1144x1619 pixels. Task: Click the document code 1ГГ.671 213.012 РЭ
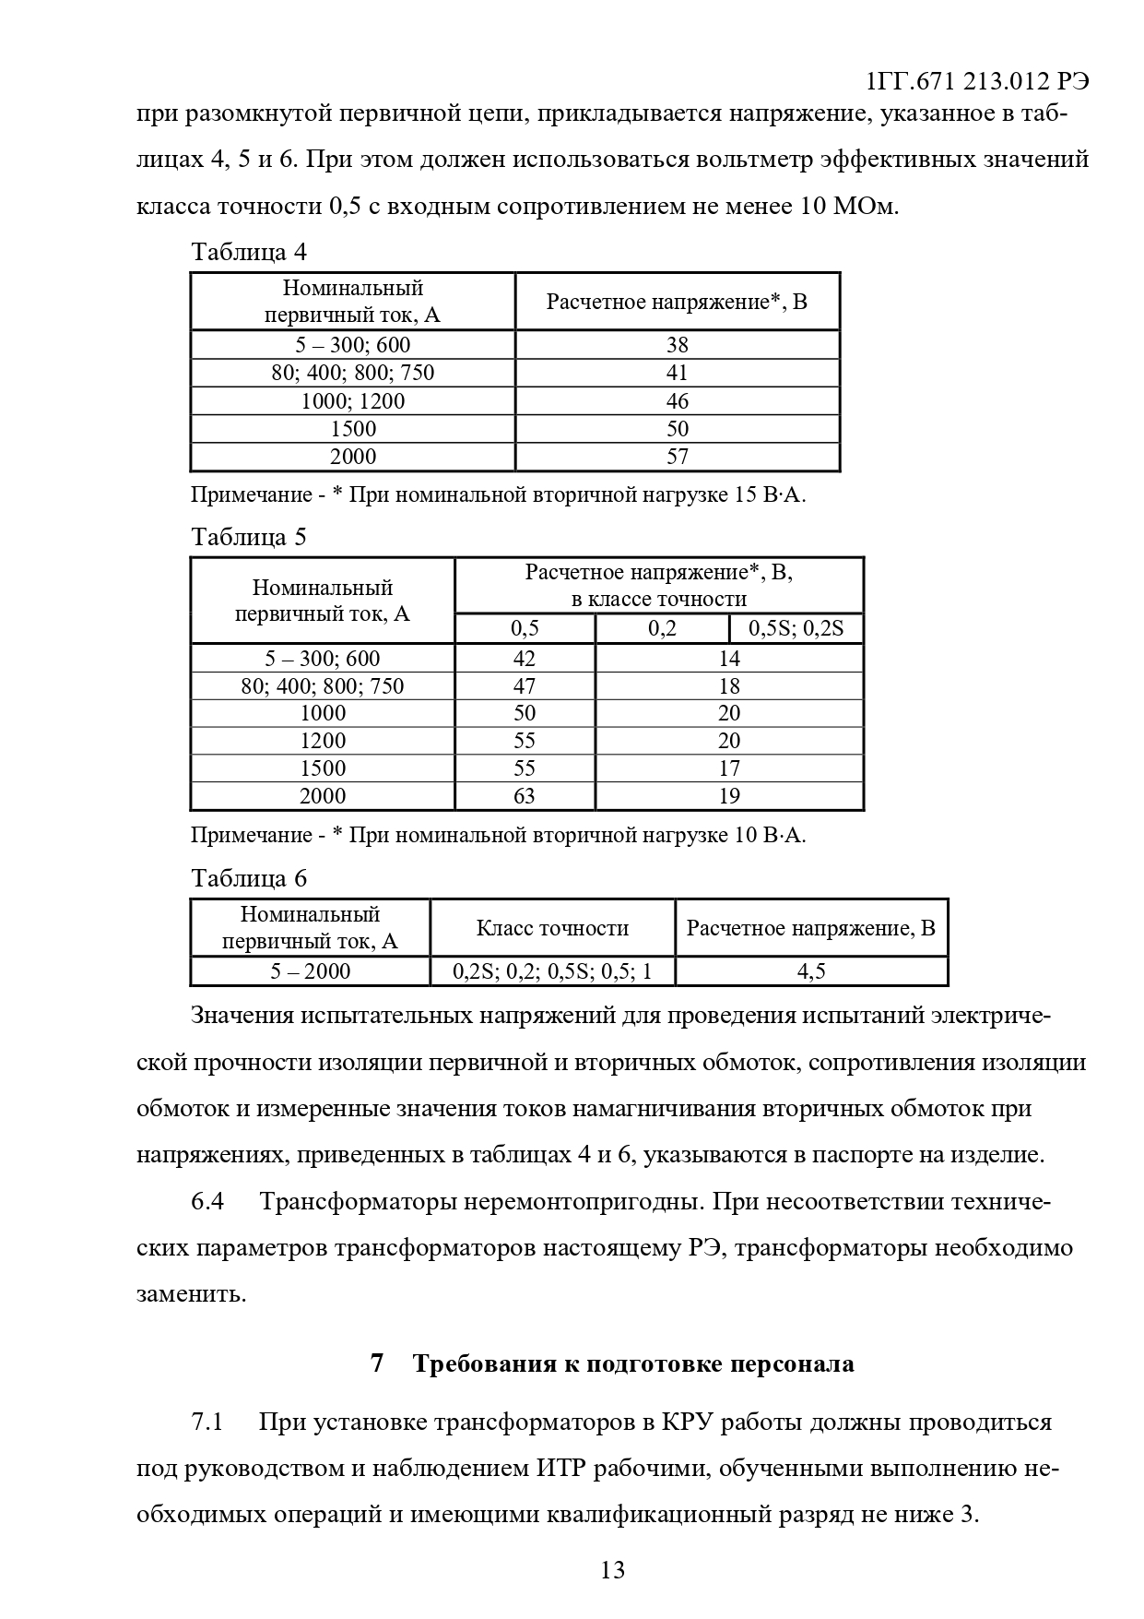[x=978, y=81]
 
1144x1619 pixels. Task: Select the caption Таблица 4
[x=248, y=252]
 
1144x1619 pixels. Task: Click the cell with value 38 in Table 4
[x=678, y=345]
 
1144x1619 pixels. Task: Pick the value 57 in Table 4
[x=678, y=457]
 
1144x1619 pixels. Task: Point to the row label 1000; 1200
[x=352, y=401]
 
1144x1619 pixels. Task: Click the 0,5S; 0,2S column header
[x=796, y=629]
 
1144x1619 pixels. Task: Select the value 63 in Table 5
[x=524, y=796]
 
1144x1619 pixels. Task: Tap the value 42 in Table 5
[x=524, y=659]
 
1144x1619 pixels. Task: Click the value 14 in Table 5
[x=729, y=659]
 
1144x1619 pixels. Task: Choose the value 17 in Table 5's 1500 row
[x=729, y=768]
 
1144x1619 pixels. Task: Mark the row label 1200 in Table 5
[x=323, y=741]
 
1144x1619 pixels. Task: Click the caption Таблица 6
[x=248, y=878]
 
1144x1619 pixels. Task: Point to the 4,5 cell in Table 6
[x=811, y=971]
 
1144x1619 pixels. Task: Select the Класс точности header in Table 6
[x=552, y=928]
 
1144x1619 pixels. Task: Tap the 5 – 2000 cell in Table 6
[x=310, y=971]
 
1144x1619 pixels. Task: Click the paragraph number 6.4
[x=207, y=1202]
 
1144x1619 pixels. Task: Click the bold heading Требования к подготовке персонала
[x=633, y=1363]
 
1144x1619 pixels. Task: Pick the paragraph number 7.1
[x=207, y=1422]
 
